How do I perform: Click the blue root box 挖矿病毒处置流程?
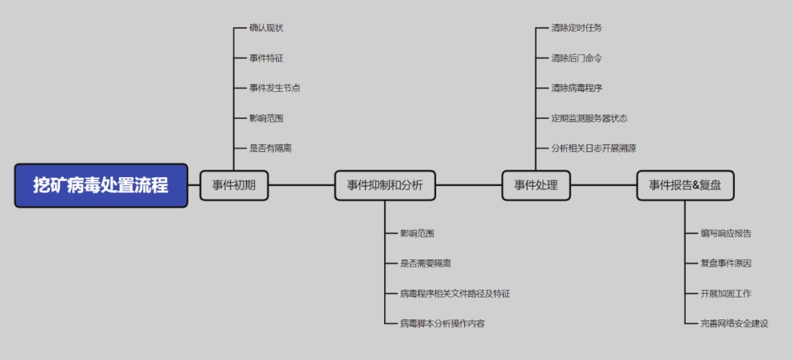coord(101,185)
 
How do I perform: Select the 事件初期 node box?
coord(234,185)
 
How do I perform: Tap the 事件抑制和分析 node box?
coord(385,185)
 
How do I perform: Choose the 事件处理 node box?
coord(535,185)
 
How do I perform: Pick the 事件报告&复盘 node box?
coord(684,185)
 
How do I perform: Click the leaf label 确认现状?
coord(266,28)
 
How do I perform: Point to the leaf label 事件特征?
coord(266,58)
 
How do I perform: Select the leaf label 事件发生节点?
coord(275,88)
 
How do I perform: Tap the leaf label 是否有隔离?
coord(270,148)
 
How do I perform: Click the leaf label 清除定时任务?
coord(576,28)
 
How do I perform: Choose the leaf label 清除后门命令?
coord(576,58)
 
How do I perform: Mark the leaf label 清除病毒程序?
coord(576,88)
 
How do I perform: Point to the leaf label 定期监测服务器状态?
coord(589,118)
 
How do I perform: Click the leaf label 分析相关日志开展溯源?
coord(593,148)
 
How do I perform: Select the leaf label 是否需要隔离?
coord(425,263)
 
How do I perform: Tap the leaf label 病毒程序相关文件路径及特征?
coord(455,293)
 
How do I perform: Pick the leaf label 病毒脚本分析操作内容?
coord(442,323)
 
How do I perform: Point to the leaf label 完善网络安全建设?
coord(734,323)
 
